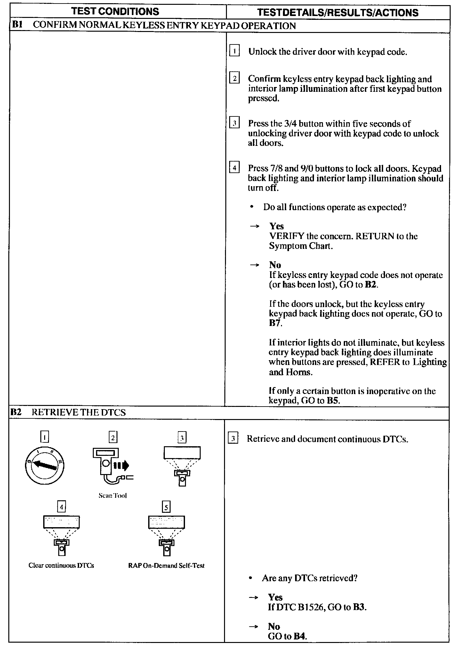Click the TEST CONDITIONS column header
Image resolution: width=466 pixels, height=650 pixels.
(115, 12)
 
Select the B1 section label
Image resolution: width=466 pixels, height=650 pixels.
(17, 25)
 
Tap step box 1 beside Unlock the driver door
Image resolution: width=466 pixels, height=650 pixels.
(234, 51)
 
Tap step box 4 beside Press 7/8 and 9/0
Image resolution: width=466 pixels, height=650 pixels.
(234, 168)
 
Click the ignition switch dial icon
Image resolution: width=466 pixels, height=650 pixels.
(44, 465)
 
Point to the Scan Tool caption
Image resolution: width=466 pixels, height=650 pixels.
(113, 495)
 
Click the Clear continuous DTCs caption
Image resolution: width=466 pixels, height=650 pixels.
(61, 565)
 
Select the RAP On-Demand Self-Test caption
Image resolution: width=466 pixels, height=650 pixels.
(166, 565)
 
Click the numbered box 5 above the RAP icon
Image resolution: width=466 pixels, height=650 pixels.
(166, 507)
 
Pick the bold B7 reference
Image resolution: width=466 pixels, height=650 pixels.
(275, 323)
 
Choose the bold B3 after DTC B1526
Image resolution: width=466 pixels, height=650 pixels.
(359, 607)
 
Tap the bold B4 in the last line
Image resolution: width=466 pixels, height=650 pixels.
(300, 636)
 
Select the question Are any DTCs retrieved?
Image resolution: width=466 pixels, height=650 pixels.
(309, 578)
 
